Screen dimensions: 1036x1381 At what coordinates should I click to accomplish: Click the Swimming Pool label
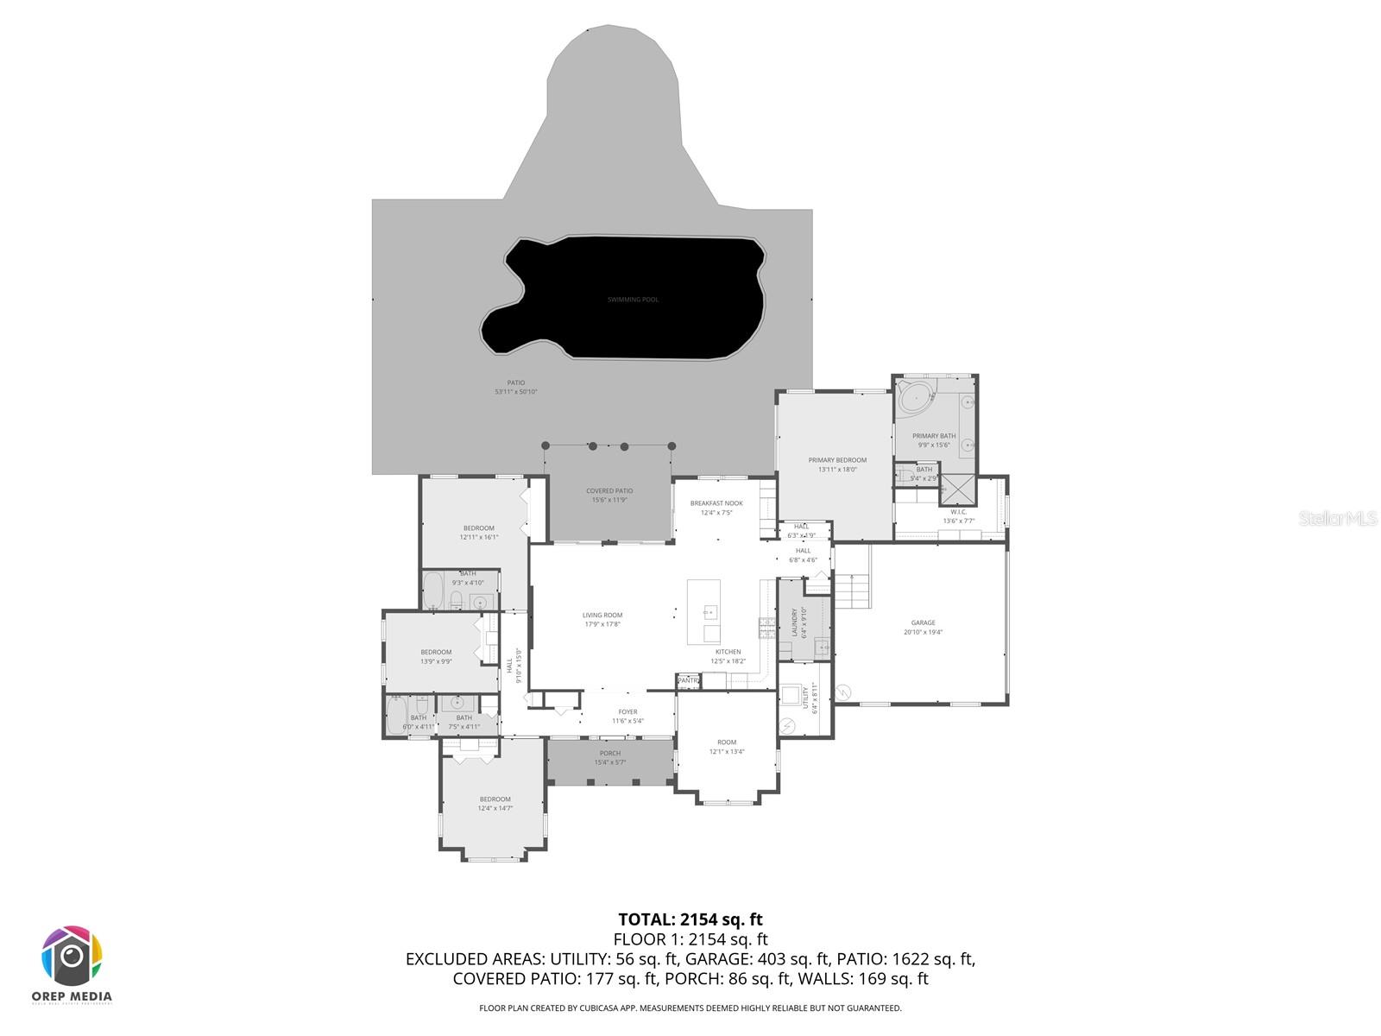tap(633, 300)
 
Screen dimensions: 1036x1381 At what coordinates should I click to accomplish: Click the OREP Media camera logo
tap(73, 956)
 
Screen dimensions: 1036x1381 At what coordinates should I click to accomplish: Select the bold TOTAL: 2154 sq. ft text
tap(690, 919)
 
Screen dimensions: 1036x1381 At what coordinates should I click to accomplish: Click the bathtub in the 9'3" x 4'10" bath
tap(433, 591)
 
